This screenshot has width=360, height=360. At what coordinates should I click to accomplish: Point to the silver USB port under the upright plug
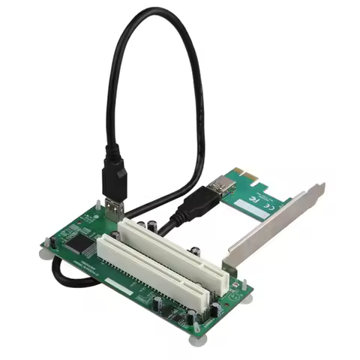click(112, 208)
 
